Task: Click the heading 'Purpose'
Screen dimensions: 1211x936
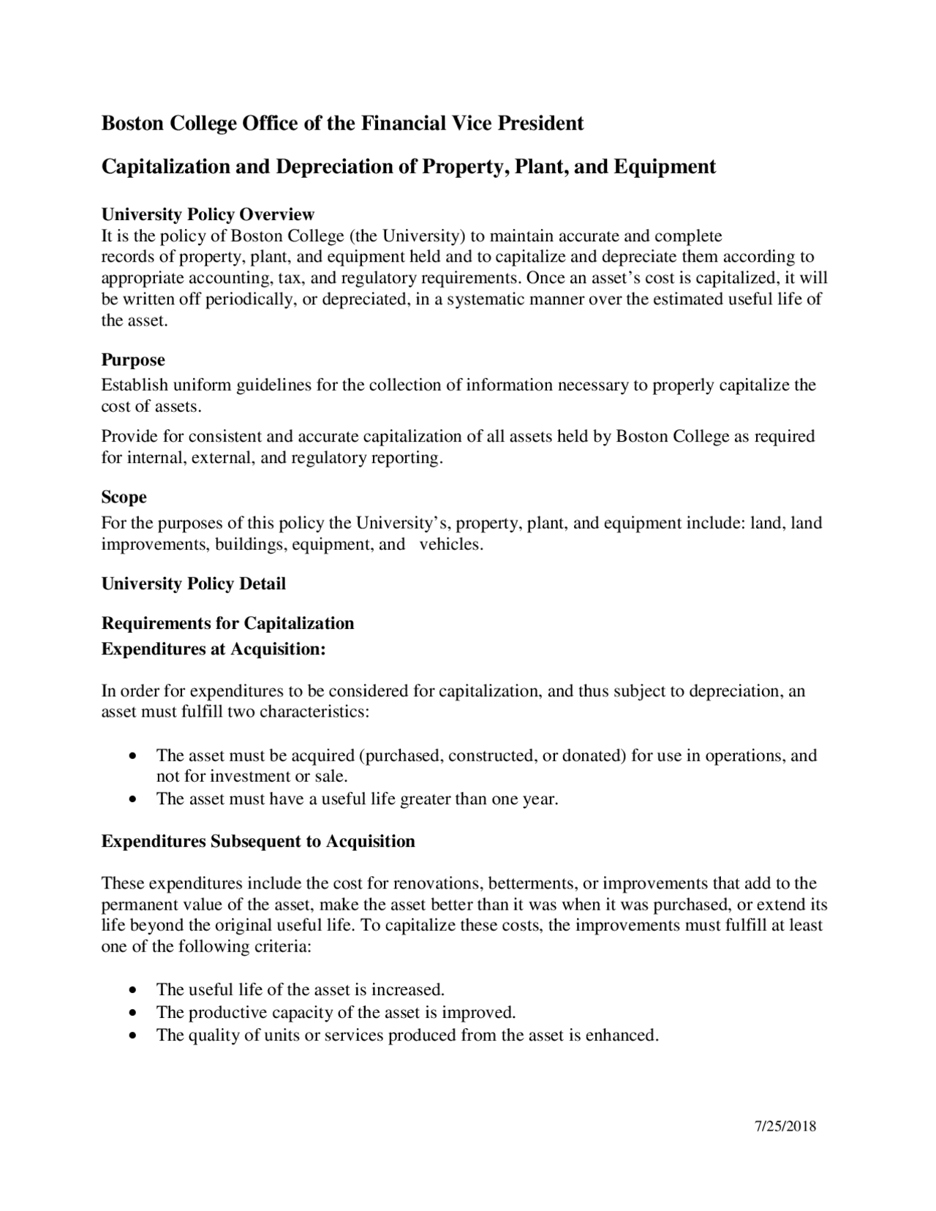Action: click(133, 360)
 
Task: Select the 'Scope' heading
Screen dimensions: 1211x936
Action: click(124, 497)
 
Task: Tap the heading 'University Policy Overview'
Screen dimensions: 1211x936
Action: click(208, 214)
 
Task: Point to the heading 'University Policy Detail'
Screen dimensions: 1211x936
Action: click(193, 584)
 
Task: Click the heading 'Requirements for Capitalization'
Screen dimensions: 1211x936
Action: click(227, 623)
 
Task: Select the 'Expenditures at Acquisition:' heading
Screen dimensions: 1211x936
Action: click(213, 649)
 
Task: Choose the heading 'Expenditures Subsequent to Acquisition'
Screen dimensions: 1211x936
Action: click(258, 841)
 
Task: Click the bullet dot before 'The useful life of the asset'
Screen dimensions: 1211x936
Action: click(132, 991)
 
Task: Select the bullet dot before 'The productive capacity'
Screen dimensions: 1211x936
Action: click(132, 1014)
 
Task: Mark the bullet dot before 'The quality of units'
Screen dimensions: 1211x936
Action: click(132, 1036)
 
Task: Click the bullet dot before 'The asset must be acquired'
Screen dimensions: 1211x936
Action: click(132, 756)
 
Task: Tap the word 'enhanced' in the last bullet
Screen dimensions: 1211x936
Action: click(622, 1035)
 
